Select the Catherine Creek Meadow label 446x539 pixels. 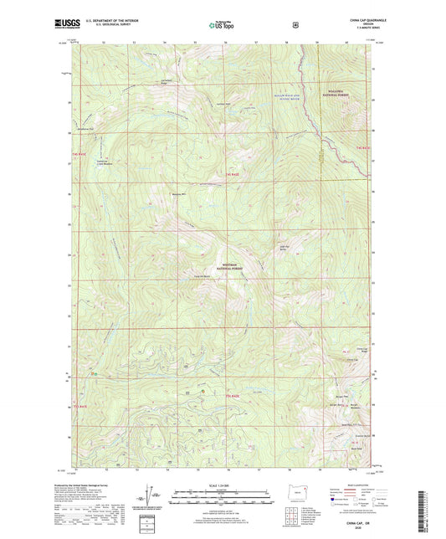(x=105, y=162)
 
